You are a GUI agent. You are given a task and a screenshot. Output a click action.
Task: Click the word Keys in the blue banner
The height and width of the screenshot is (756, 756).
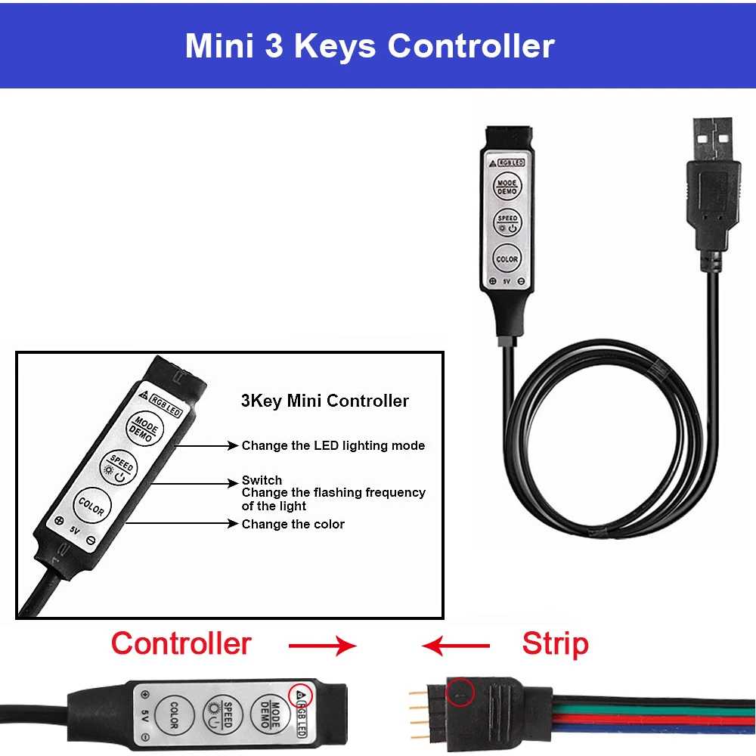335,45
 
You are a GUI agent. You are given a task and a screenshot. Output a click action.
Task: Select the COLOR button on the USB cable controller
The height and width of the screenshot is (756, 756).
507,258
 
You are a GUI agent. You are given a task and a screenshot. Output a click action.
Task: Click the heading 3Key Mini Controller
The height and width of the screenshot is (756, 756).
325,401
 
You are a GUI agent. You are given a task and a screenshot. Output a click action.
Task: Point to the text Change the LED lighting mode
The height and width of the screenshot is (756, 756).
333,445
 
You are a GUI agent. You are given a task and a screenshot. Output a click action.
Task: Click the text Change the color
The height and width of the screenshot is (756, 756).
293,524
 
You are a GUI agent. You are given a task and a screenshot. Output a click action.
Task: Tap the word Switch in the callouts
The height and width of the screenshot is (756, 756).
262,480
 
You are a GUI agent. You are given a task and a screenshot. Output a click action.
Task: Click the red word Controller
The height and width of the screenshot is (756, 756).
181,643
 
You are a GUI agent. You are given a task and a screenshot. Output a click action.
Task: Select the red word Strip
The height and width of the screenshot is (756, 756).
555,644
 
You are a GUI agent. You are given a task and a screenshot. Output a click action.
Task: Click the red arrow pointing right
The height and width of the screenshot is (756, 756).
322,645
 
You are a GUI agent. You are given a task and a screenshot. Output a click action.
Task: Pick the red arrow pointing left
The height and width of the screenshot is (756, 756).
456,645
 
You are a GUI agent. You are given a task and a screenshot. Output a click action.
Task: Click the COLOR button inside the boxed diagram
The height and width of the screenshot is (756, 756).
91,505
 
